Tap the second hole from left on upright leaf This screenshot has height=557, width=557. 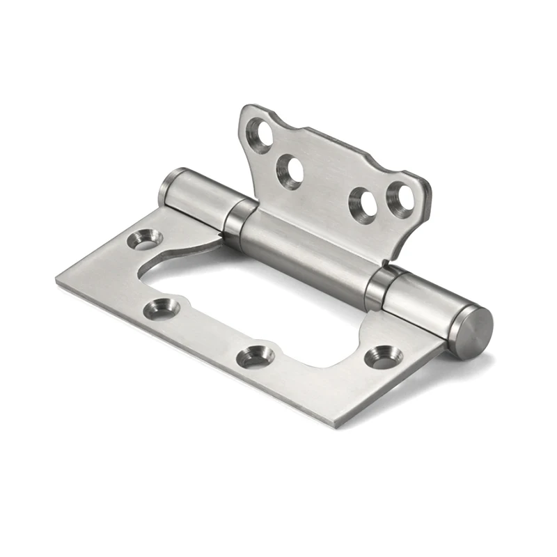pos(290,171)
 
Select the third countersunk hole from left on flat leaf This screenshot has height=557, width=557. pos(256,356)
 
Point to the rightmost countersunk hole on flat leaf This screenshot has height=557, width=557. pos(384,356)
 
